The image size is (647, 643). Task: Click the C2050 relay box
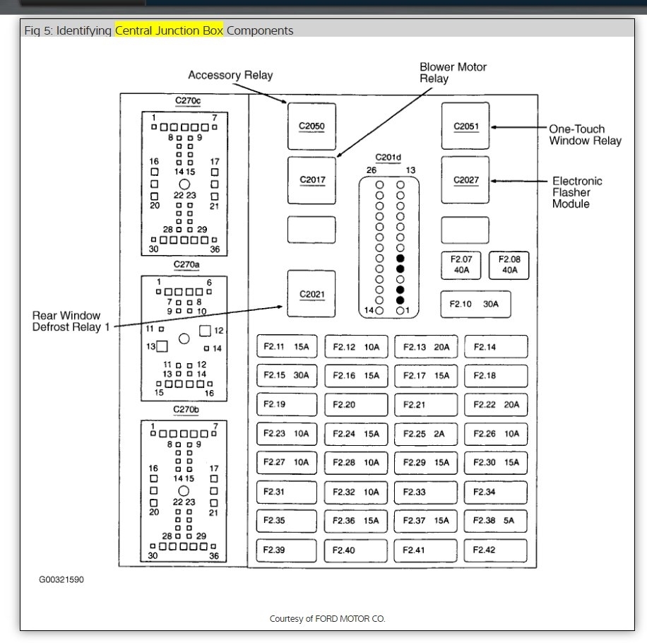point(311,126)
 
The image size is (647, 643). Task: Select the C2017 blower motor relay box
point(311,180)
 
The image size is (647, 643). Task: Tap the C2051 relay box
point(465,126)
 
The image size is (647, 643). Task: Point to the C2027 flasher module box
point(465,180)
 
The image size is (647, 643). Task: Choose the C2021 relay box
point(311,295)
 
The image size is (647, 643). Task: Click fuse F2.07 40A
point(461,264)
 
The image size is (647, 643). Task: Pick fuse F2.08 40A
point(510,264)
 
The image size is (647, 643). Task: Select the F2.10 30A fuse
point(475,305)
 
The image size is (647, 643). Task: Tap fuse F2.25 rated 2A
point(426,434)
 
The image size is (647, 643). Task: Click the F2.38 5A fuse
point(496,521)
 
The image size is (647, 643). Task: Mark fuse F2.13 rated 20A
point(426,347)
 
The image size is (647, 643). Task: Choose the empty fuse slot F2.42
point(496,550)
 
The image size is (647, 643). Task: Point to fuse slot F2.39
point(287,550)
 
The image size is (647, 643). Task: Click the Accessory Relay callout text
point(230,76)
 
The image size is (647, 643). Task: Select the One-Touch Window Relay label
point(585,135)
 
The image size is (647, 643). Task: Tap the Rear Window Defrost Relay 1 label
point(66,321)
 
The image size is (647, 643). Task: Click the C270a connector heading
point(186,265)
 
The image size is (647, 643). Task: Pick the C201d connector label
point(388,157)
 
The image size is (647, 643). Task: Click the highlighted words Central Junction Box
point(170,30)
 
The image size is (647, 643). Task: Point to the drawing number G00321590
point(61,579)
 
